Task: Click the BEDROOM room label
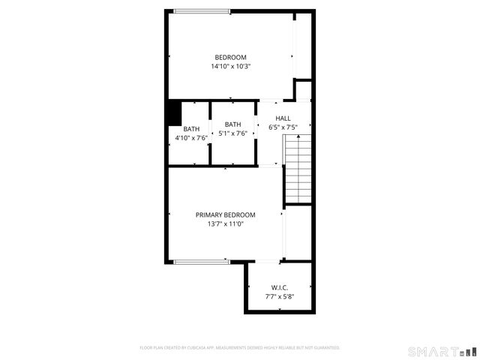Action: pyautogui.click(x=230, y=58)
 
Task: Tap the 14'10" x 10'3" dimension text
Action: pyautogui.click(x=230, y=67)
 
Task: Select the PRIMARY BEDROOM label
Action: pyautogui.click(x=226, y=214)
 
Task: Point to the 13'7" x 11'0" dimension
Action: pyautogui.click(x=226, y=223)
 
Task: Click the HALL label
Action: pyautogui.click(x=283, y=118)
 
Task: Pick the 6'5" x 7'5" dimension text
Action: pyautogui.click(x=283, y=127)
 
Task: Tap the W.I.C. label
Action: pyautogui.click(x=279, y=288)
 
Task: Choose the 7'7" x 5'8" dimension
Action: pyautogui.click(x=279, y=297)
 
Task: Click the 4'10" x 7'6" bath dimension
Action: pyautogui.click(x=191, y=138)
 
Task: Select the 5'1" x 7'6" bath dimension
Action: pyautogui.click(x=232, y=133)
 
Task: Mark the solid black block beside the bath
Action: pyautogui.click(x=174, y=113)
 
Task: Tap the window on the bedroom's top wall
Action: pyautogui.click(x=202, y=11)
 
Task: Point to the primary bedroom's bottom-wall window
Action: pyautogui.click(x=201, y=261)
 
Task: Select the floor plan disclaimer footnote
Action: pyautogui.click(x=240, y=348)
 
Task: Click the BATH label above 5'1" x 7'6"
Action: pyautogui.click(x=232, y=124)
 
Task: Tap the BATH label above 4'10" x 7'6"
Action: pyautogui.click(x=191, y=129)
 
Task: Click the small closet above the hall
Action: pyautogui.click(x=303, y=91)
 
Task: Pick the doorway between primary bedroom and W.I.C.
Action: pyautogui.click(x=268, y=261)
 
